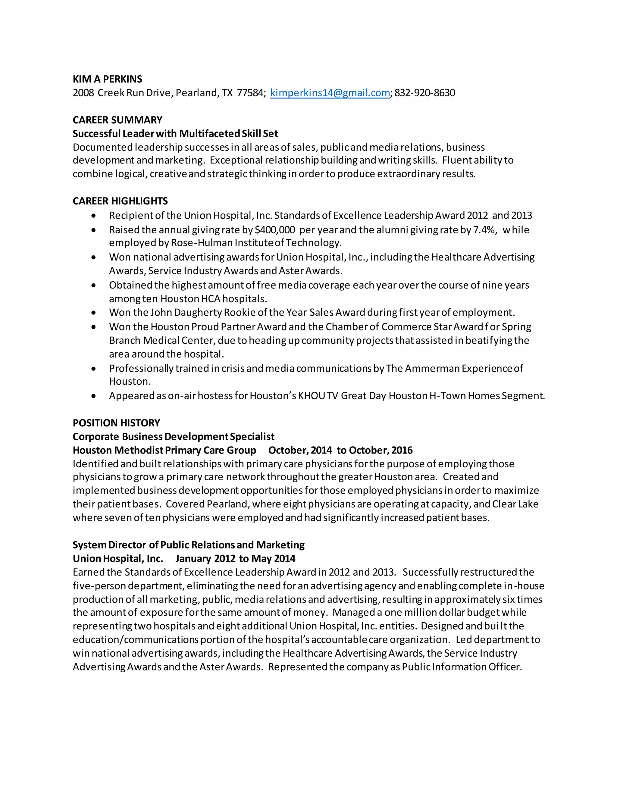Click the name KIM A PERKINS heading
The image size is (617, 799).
pos(108,79)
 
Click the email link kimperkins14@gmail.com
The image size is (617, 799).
pos(330,93)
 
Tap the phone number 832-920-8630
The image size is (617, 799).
pos(425,93)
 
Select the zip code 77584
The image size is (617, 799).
pos(250,93)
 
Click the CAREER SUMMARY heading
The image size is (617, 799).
pos(117,120)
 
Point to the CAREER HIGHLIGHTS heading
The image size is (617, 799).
pos(120,201)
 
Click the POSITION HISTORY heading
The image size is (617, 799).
pos(116,423)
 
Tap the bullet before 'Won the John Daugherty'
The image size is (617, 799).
pos(94,313)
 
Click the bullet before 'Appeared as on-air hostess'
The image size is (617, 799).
pos(94,396)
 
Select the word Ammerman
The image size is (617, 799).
pos(432,368)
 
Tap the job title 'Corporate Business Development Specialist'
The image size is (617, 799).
pos(173,437)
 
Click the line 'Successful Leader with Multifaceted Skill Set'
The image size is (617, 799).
pos(175,134)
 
